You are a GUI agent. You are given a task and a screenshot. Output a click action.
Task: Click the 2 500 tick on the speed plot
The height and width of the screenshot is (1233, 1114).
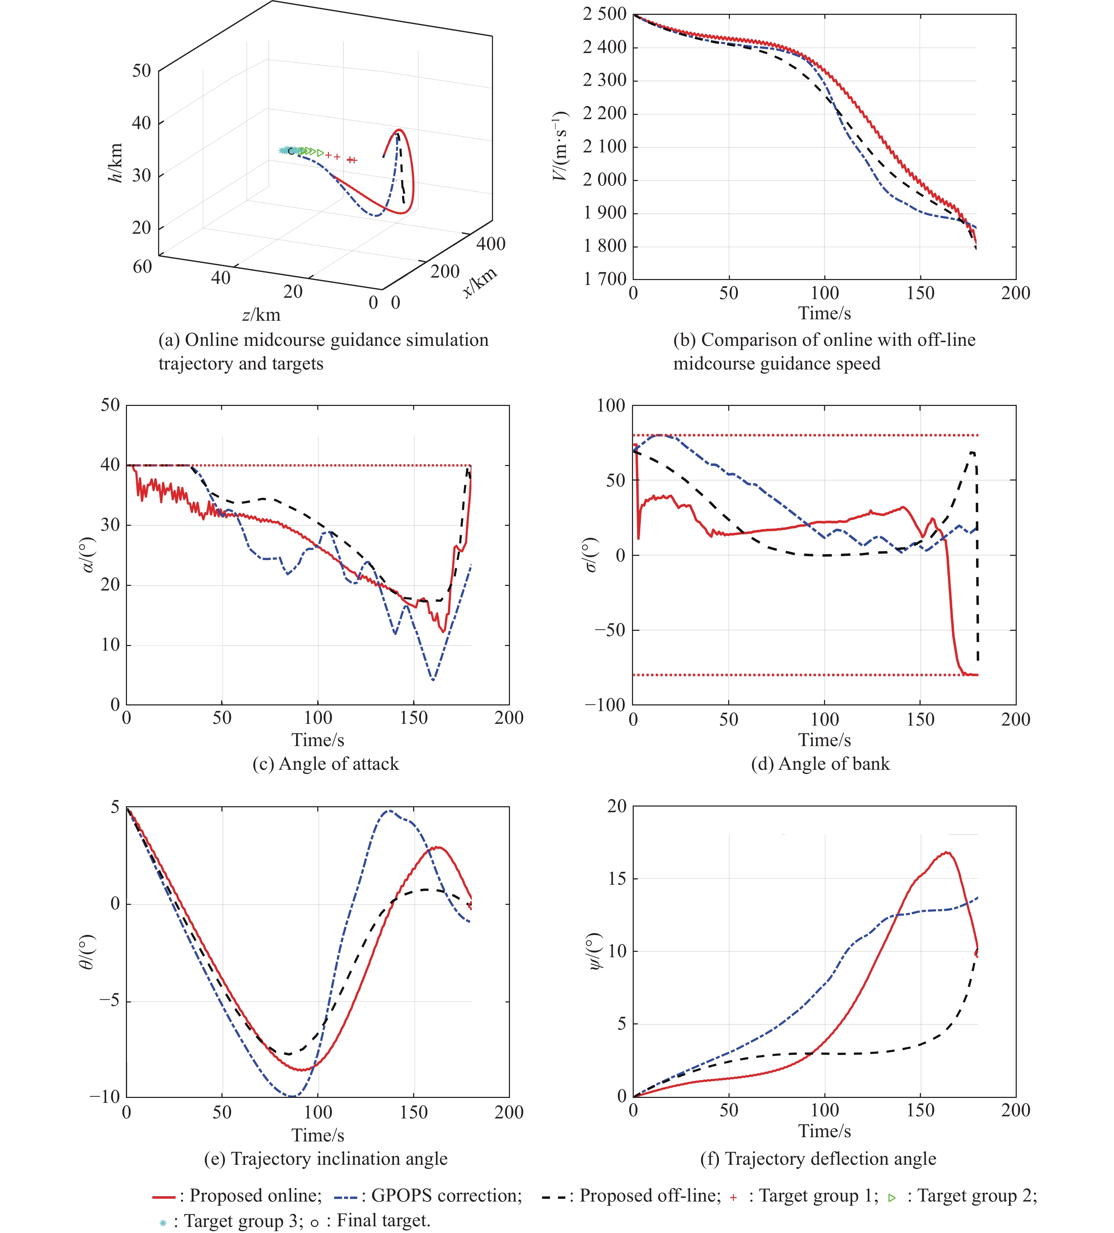coord(604,14)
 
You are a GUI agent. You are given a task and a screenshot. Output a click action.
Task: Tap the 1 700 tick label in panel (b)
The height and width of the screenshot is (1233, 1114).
coord(604,279)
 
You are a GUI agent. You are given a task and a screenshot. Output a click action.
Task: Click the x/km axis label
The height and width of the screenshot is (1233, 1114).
coord(480,282)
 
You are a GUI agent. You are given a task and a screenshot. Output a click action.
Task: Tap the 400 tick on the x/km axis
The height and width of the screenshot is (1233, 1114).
coord(491,244)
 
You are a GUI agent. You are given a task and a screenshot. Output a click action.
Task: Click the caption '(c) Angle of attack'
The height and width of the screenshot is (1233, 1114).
coord(325,764)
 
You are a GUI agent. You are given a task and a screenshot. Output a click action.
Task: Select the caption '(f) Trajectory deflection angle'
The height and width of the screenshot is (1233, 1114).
coord(818,1158)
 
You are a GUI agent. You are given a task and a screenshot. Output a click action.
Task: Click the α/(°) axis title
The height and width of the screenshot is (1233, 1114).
coord(89,555)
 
